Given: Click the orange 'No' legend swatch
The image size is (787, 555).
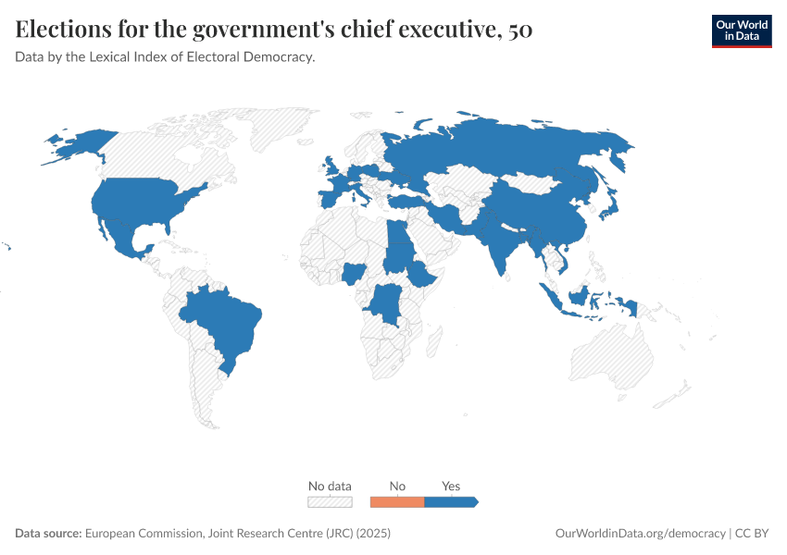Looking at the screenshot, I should (x=396, y=501).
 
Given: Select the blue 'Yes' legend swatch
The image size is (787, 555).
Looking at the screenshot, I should (x=450, y=501).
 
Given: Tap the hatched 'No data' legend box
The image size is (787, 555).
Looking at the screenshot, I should (x=330, y=501).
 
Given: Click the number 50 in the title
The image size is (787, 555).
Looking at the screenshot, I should (x=520, y=30).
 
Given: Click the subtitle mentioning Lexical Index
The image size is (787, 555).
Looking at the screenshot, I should (x=166, y=57).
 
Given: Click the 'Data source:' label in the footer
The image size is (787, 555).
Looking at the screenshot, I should (x=48, y=534).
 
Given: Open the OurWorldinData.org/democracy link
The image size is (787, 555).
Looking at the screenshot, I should (x=640, y=534).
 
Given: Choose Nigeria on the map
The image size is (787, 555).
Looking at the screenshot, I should (x=354, y=273).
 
